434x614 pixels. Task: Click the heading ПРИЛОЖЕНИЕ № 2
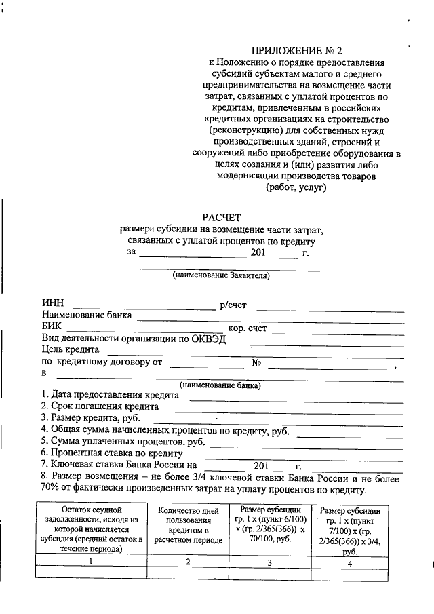tap(296, 50)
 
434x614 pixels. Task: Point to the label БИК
tap(52, 327)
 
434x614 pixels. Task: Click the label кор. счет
tap(248, 328)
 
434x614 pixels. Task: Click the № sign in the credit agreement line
tap(256, 362)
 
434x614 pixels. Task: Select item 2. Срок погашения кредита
tap(100, 406)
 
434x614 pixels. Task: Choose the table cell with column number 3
tap(269, 562)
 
